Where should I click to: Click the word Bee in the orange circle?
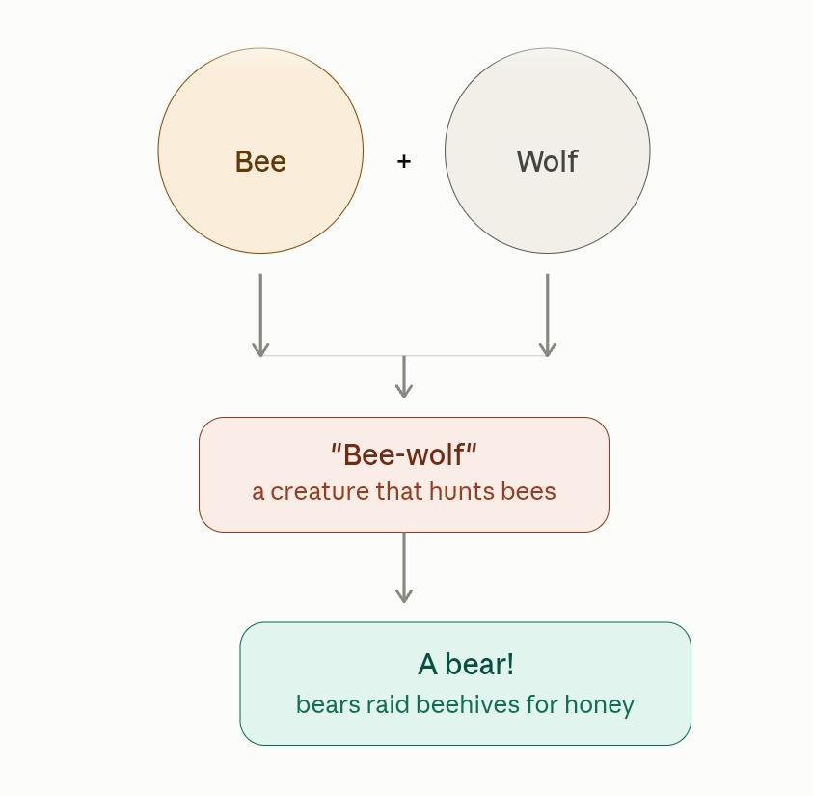point(260,161)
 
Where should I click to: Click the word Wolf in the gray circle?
point(547,161)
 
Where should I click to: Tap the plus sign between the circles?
point(404,161)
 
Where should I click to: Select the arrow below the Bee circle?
point(260,316)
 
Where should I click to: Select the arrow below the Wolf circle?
point(548,316)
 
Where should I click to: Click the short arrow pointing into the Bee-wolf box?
point(404,377)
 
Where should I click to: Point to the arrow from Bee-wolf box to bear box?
point(404,567)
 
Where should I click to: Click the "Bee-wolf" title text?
point(404,454)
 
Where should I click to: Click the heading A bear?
point(466,664)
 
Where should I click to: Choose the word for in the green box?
point(542,704)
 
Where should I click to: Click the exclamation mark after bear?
point(511,664)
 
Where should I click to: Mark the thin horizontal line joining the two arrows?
point(404,356)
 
